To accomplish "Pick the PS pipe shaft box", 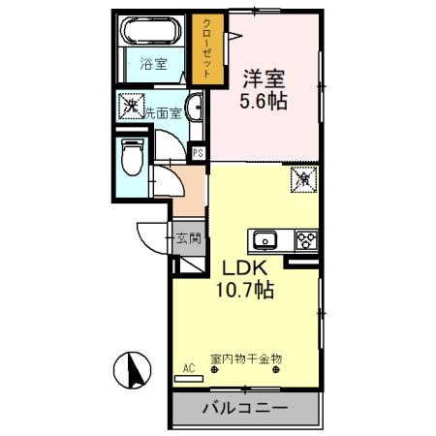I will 197,153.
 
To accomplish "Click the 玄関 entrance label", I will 188,237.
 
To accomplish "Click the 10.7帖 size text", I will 249,290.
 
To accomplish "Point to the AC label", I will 189,368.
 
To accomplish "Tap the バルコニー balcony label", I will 244,409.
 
